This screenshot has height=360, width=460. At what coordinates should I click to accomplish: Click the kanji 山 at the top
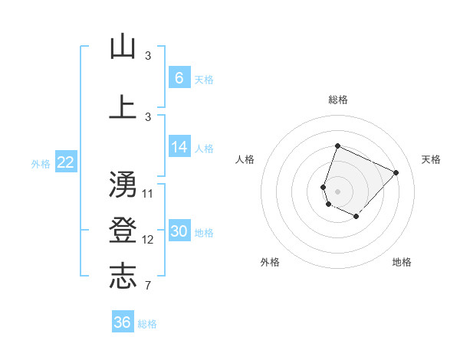coord(123,47)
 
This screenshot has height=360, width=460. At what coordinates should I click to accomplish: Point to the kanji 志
coord(123,276)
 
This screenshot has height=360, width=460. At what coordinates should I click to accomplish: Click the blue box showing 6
coord(179,78)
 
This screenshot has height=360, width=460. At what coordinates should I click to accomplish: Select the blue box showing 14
coord(179,148)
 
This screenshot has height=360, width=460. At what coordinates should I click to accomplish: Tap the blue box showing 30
coord(179,232)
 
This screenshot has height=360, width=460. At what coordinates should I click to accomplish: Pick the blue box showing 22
coord(65,162)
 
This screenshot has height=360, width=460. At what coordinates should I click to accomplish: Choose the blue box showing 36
coord(122,322)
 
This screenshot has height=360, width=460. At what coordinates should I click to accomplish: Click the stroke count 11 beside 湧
coord(148,193)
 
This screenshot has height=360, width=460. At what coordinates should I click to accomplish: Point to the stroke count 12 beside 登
coord(148,240)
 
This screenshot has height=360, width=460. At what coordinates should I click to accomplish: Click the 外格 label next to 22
coord(40,163)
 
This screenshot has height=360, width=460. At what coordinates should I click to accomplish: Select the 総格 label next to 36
coord(147,324)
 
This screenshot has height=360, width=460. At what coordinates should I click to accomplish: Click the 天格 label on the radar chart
coord(431,159)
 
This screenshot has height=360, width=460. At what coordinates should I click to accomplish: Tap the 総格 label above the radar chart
coord(337,100)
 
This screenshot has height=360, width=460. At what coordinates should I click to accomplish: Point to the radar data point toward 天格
coord(396,172)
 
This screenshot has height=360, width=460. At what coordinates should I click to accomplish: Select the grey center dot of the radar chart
coord(337,191)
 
